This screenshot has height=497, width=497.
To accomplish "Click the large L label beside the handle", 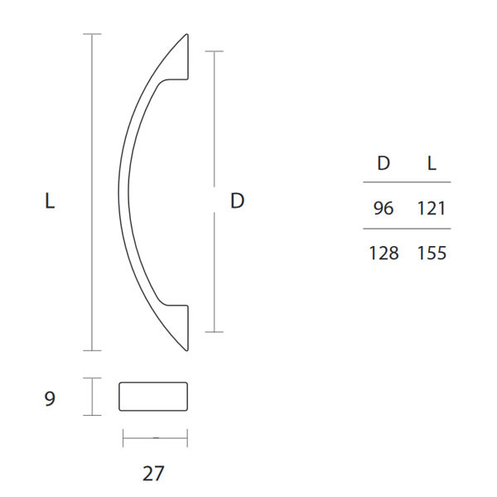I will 50,200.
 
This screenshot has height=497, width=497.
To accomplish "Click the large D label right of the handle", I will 238,200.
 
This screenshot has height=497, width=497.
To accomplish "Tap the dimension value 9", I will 50,399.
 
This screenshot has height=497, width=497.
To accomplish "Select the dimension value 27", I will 153,474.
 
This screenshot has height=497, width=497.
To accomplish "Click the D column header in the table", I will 384,163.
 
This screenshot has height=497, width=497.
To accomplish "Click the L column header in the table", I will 432,163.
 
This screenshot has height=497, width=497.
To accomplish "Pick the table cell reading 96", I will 384,208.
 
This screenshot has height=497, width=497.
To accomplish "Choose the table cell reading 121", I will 432,208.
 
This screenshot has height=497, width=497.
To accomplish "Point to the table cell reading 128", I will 384,253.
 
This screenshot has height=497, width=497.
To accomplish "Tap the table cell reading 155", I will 432,253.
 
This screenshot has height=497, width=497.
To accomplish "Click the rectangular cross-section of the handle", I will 153,397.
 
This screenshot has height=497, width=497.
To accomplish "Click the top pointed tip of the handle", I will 186,36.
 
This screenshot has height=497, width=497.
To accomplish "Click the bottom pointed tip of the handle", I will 186,348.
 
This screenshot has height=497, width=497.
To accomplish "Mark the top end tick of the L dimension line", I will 93,34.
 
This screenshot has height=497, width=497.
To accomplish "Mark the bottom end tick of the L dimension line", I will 93,350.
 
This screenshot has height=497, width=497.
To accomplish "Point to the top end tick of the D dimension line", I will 215,51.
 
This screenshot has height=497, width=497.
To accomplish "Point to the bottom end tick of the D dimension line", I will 215,332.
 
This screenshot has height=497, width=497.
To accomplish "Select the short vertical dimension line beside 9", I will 93,397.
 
